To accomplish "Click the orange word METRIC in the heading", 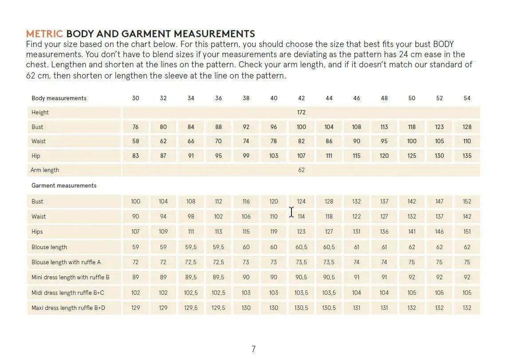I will pos(45,34).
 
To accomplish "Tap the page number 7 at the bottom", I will pos(253,349).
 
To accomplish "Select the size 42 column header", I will pos(301,98).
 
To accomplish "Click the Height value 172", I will pos(301,112).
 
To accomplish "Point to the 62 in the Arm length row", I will pos(301,170).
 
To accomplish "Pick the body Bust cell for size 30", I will pos(135,127).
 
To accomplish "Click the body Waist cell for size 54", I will pos(467,141).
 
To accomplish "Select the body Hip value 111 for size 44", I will pos(329,156).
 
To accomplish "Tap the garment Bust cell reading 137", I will pos(384,201).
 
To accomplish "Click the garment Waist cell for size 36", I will pos(218,216).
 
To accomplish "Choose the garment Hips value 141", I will pos(412,231).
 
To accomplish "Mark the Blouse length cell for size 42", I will pos(301,247).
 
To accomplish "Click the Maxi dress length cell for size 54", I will pos(467,308).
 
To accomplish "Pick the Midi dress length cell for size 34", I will pos(191,293).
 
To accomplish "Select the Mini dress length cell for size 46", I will pos(356,277).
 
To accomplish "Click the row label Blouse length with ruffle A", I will pos(66,262).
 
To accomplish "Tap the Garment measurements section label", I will pos(64,185).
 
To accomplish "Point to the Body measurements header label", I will pos(59,98).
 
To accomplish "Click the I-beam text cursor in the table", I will pos(291,212).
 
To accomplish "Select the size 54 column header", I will pos(467,98).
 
